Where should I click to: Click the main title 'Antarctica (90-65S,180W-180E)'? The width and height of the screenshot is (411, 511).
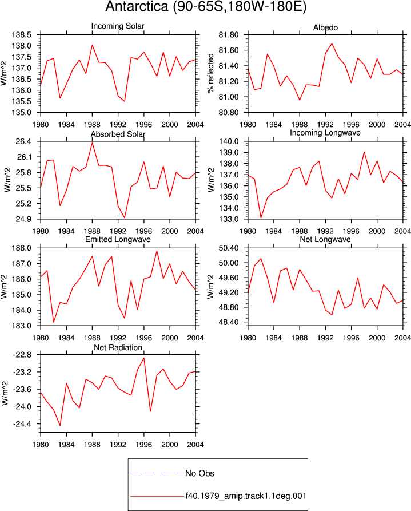click(206, 6)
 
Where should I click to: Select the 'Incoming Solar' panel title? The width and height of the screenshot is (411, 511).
click(118, 26)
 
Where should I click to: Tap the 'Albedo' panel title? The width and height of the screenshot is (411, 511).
click(325, 27)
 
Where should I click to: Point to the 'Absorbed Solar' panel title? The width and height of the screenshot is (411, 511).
click(118, 134)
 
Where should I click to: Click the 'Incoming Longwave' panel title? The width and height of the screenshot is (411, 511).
click(325, 133)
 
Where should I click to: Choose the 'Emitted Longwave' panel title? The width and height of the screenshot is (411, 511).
click(118, 240)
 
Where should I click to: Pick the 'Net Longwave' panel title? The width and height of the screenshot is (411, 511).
click(325, 240)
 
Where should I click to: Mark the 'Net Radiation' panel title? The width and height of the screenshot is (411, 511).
click(118, 347)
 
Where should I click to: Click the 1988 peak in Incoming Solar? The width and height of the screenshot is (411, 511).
click(92, 45)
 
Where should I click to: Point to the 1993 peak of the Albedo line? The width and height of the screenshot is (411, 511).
click(332, 43)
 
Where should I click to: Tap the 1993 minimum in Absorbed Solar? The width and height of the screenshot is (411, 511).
click(125, 217)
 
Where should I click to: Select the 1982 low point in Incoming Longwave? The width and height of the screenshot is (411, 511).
click(261, 217)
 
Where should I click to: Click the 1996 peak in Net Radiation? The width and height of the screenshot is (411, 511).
click(143, 358)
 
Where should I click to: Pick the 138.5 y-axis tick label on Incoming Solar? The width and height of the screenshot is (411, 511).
click(22, 34)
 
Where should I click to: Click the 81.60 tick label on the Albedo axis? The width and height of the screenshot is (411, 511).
click(228, 50)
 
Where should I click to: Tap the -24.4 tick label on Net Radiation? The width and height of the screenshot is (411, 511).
click(22, 424)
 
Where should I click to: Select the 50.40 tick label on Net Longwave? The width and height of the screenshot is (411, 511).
click(228, 248)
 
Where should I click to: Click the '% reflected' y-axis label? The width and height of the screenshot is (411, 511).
click(210, 73)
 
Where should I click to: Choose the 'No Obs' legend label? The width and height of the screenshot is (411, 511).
click(199, 473)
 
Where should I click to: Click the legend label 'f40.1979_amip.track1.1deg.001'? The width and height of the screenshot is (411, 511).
click(246, 496)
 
